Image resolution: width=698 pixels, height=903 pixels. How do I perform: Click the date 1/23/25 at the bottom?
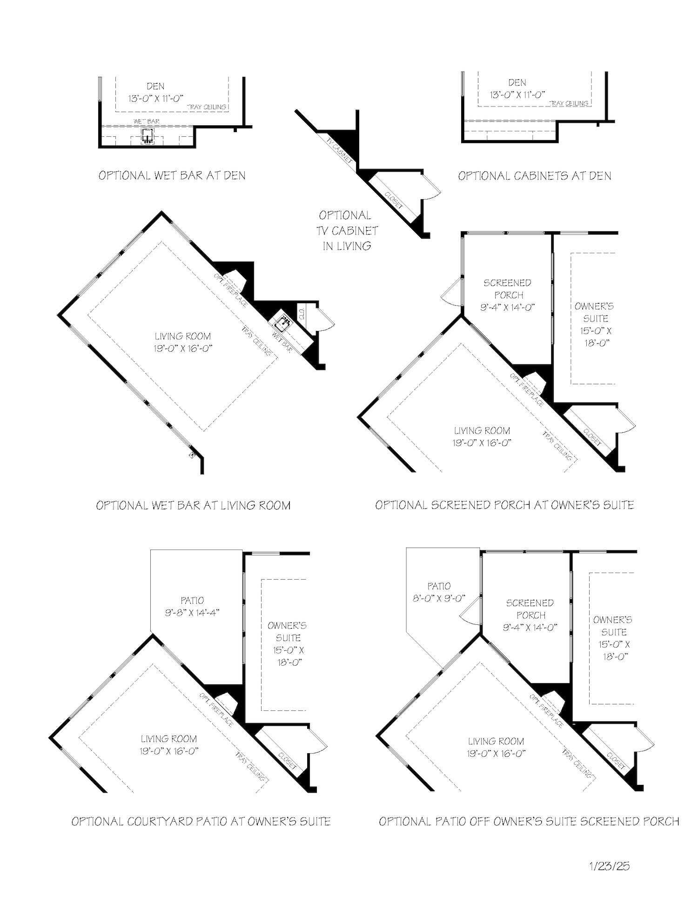(609, 866)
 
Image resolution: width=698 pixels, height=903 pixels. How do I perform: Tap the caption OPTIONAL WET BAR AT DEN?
(172, 175)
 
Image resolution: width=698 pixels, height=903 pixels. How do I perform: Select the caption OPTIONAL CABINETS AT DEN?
(535, 175)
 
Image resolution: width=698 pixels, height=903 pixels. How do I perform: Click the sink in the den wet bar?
(148, 136)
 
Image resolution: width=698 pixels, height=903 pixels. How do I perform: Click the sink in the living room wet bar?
(283, 322)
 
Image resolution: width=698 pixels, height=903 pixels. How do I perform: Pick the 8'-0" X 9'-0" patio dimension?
(439, 598)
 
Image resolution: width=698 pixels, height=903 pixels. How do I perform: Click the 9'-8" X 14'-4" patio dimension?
(192, 613)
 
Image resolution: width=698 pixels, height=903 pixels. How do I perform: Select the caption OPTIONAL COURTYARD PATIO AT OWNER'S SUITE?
(201, 821)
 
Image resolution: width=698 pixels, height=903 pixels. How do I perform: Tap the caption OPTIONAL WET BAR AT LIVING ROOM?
(193, 505)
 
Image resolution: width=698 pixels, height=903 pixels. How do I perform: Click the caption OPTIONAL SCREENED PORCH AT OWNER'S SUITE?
(504, 505)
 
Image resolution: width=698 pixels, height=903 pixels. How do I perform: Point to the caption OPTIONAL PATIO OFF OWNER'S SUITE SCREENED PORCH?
(529, 821)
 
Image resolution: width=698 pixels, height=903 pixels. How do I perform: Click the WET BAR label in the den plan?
(147, 121)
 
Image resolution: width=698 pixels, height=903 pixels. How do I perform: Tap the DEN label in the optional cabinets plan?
(517, 82)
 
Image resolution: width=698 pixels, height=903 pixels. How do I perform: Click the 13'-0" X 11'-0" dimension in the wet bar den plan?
(156, 98)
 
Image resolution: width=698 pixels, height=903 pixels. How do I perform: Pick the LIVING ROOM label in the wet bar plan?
(183, 336)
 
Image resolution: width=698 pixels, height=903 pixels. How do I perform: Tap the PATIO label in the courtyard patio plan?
(192, 601)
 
